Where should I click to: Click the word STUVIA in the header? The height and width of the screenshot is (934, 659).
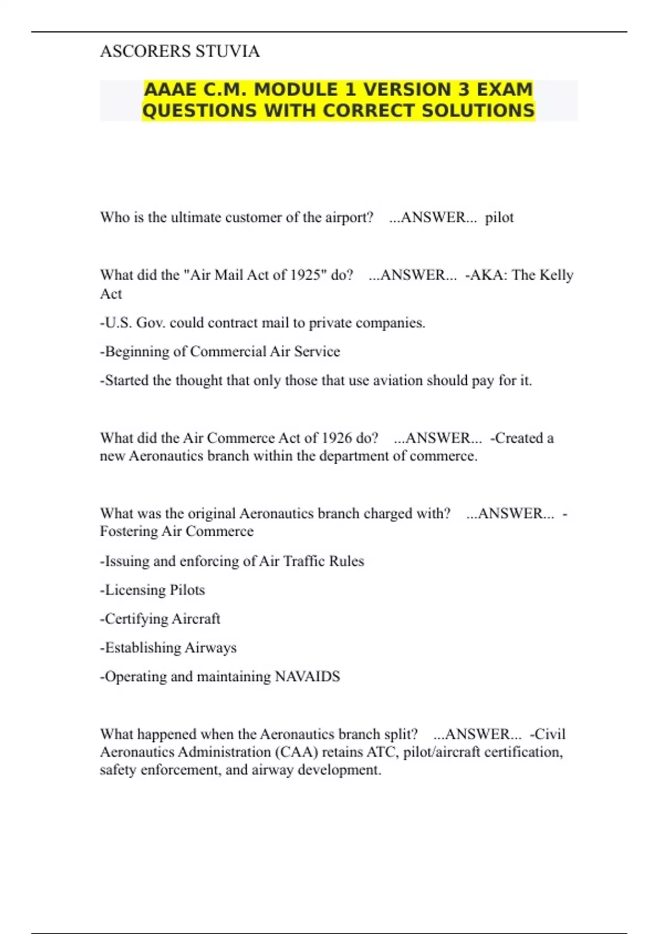tap(227, 51)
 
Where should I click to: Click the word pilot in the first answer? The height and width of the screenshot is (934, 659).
tap(499, 218)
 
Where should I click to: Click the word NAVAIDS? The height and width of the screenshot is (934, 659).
tap(307, 676)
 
